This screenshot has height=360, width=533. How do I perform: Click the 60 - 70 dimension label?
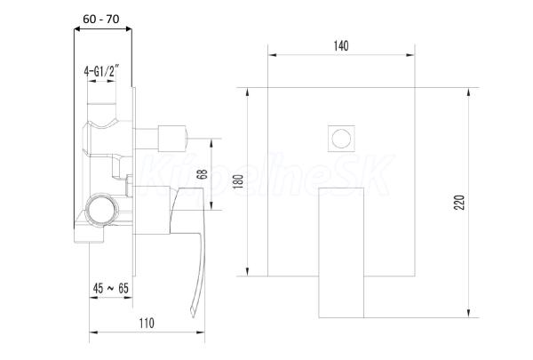[x=101, y=20]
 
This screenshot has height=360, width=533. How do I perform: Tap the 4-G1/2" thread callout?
[x=101, y=71]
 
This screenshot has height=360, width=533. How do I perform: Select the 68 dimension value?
[x=203, y=174]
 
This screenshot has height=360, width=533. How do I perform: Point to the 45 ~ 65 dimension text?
[x=111, y=289]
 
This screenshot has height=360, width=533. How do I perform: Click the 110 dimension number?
[x=147, y=323]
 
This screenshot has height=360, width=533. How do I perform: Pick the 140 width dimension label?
[x=341, y=45]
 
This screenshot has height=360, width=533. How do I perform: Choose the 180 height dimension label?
[x=239, y=181]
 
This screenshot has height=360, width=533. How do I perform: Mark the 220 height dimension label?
[x=459, y=203]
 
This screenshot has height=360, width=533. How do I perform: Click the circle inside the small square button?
[x=341, y=139]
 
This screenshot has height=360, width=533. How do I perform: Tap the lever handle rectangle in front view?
[x=341, y=252]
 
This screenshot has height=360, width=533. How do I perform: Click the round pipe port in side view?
[x=101, y=209]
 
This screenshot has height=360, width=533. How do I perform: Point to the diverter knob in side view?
[x=172, y=138]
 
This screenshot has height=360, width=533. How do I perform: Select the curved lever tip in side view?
[x=193, y=312]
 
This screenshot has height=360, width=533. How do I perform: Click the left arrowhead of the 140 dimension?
[x=272, y=55]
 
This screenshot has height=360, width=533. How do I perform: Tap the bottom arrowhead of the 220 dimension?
[x=469, y=314]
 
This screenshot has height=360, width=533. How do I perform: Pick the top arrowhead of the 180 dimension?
[x=248, y=92]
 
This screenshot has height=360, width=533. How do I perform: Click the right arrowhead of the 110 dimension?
[x=201, y=332]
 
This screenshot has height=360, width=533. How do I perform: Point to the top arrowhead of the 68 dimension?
[x=211, y=143]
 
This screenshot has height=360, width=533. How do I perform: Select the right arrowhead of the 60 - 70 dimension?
[x=128, y=29]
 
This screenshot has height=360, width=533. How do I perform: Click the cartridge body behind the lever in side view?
[x=152, y=211]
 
